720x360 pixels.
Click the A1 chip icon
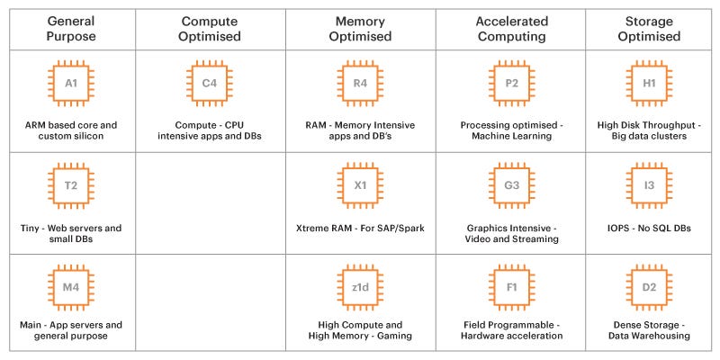71,83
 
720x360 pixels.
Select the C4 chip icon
210,83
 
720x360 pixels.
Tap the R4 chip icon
360,83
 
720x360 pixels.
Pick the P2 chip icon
511,83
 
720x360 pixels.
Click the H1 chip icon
649,83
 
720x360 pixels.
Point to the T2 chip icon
71,185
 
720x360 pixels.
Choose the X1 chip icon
360,185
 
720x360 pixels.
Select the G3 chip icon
511,185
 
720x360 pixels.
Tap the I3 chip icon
649,185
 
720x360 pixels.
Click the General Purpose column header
71,28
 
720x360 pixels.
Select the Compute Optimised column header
210,28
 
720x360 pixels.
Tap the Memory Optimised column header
360,28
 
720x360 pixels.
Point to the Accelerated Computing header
511,28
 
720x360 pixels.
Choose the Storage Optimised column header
649,28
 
